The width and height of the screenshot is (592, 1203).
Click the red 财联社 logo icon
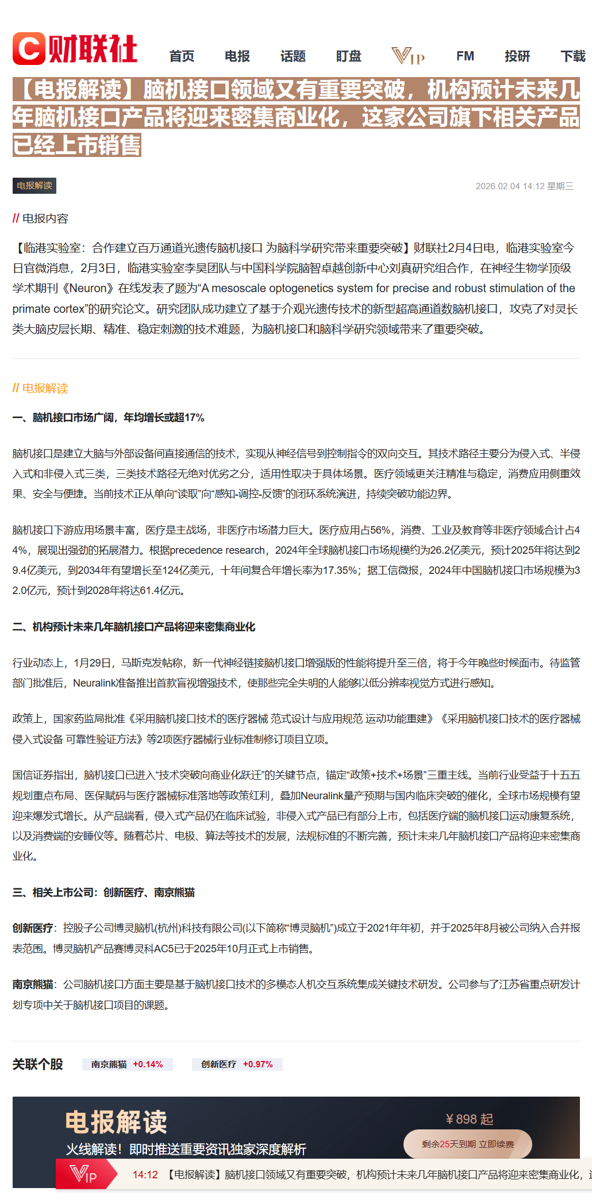[x=29, y=49]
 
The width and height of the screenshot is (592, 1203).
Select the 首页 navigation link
[x=182, y=56]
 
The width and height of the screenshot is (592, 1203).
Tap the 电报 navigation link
[x=237, y=56]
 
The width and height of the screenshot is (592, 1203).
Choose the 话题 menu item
[x=293, y=56]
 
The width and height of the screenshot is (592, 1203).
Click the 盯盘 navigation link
[x=349, y=56]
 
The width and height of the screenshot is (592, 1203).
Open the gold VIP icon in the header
[x=408, y=56]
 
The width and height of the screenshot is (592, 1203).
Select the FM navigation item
[x=465, y=56]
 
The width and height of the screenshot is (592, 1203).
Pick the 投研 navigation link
[x=517, y=56]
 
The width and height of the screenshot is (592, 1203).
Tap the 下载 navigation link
[x=573, y=56]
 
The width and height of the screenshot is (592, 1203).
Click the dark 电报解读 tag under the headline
[x=34, y=186]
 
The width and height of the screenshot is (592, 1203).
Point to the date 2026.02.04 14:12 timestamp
[x=524, y=186]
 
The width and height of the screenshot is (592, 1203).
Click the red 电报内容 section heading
[x=40, y=219]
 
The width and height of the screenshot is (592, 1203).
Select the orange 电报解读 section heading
[x=40, y=388]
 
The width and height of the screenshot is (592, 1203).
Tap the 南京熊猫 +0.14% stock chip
[x=127, y=1064]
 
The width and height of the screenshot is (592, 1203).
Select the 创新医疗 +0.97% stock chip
[x=237, y=1064]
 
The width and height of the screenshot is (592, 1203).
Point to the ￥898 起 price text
[x=469, y=1119]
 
